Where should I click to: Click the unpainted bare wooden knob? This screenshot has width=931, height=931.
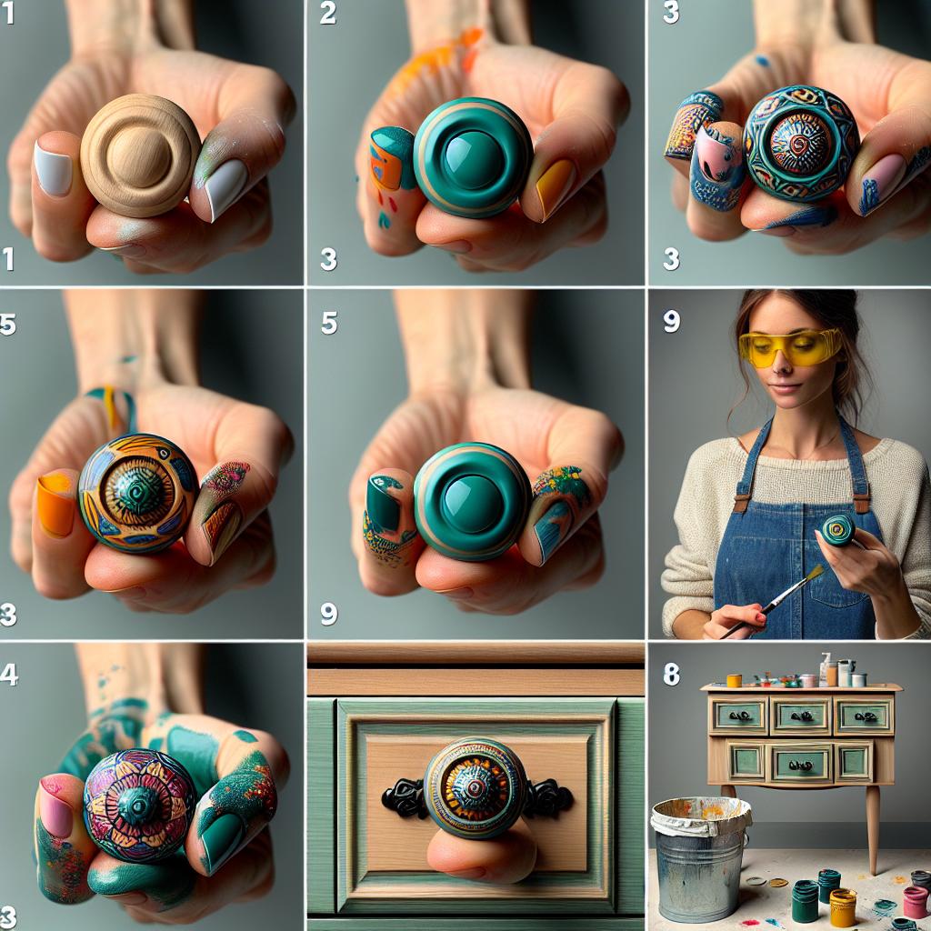pyautogui.click(x=140, y=155)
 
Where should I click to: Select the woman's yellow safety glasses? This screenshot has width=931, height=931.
pyautogui.click(x=789, y=347)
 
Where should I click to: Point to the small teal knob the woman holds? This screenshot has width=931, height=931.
pyautogui.click(x=836, y=529)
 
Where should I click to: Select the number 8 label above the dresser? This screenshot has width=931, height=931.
pyautogui.click(x=671, y=674)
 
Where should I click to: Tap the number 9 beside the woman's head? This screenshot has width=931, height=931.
pyautogui.click(x=671, y=321)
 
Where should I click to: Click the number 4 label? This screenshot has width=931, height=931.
pyautogui.click(x=9, y=676)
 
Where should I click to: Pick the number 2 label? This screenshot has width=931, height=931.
pyautogui.click(x=328, y=13)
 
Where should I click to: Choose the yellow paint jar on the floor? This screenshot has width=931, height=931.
pyautogui.click(x=843, y=906)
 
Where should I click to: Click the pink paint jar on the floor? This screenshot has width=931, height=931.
pyautogui.click(x=915, y=902)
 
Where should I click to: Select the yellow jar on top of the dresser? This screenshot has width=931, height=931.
pyautogui.click(x=734, y=680)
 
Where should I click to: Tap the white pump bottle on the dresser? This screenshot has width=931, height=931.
pyautogui.click(x=825, y=669)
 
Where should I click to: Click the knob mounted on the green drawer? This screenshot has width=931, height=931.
pyautogui.click(x=476, y=787)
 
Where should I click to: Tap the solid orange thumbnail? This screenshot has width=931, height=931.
pyautogui.click(x=55, y=506)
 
